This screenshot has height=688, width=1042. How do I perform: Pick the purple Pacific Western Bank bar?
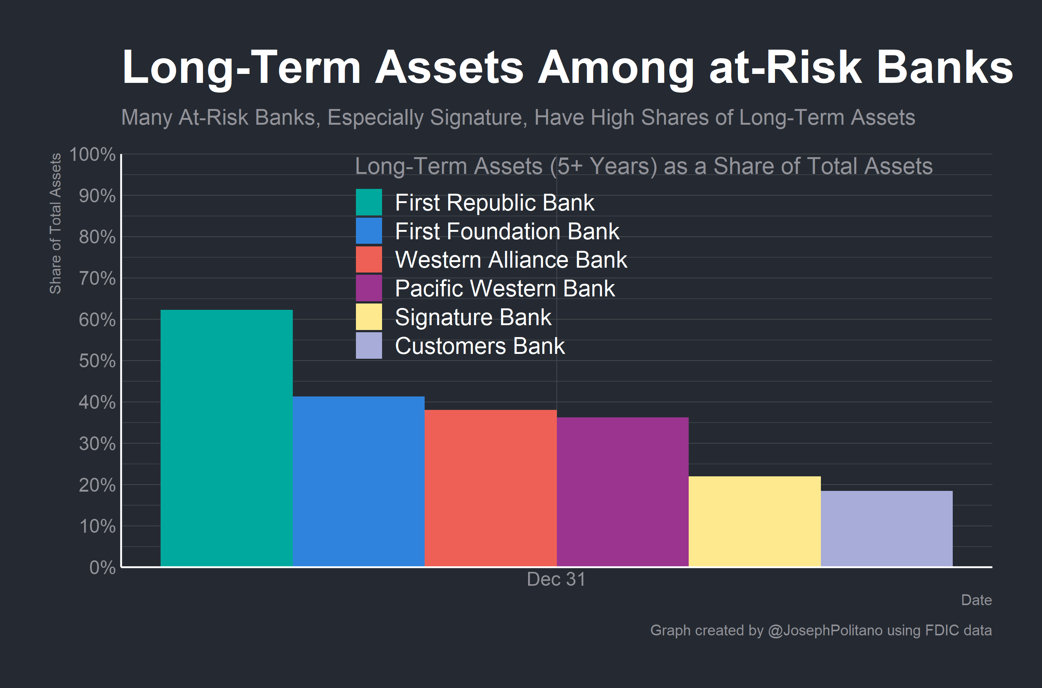click(x=622, y=491)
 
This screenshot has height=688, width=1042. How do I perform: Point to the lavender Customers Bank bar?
click(x=887, y=528)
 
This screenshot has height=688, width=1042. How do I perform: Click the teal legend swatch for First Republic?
click(x=369, y=202)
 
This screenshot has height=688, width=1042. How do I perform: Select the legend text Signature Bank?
click(x=473, y=317)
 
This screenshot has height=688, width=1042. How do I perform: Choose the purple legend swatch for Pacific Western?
click(x=369, y=288)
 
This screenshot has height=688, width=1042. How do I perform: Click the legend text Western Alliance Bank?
click(x=511, y=260)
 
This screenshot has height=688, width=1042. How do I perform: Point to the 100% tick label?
click(x=92, y=155)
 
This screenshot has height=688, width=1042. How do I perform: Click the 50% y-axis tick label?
click(x=97, y=361)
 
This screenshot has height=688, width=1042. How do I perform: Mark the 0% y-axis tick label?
click(x=102, y=568)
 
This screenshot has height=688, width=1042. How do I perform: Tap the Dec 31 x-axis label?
click(x=556, y=580)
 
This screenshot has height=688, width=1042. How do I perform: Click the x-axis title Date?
click(x=976, y=600)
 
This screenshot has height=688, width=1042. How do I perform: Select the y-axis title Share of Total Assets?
click(x=55, y=223)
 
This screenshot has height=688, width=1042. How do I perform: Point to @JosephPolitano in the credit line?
click(x=825, y=631)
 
